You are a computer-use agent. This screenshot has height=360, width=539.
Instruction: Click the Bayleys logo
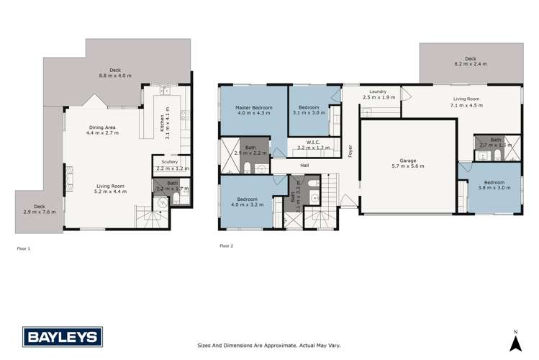63,336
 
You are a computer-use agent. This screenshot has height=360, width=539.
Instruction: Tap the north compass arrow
515,339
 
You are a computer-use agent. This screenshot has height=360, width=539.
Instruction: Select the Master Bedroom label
252,107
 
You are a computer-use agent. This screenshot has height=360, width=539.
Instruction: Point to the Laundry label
379,92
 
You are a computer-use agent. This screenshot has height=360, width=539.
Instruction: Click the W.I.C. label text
308,143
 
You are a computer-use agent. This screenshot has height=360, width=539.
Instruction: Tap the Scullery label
164,162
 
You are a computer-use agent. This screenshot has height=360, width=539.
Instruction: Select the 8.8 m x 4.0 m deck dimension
115,76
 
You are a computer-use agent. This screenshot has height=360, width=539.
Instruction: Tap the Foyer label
350,152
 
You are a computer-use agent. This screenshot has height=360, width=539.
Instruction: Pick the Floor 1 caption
24,248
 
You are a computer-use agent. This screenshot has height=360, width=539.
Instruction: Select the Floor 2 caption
226,246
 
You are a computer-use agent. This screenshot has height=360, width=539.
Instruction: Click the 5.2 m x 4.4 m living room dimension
110,192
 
